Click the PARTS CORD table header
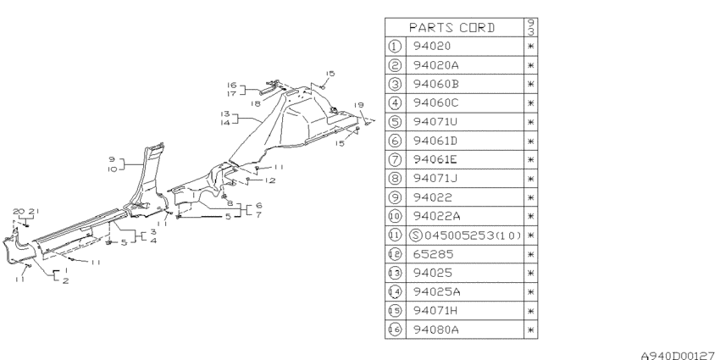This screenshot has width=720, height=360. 451,28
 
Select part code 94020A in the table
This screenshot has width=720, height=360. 435,65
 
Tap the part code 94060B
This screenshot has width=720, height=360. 435,84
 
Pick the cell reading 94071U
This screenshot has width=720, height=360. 435,122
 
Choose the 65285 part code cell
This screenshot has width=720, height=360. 433,254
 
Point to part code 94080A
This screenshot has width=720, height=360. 435,330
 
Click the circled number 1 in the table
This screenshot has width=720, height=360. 395,47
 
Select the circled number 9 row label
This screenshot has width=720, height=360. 395,197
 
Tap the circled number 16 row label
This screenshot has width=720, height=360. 395,330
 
